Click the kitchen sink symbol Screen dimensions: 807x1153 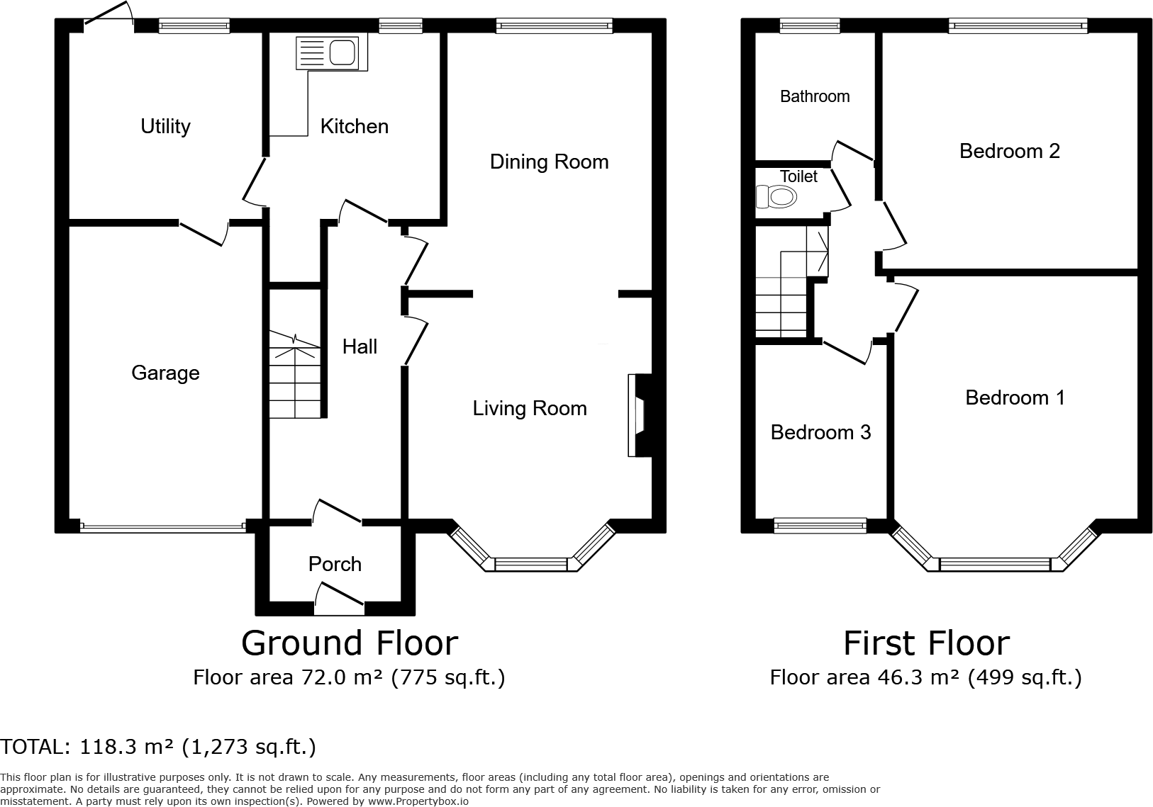331,52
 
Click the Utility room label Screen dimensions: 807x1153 165,126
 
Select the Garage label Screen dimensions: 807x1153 165,373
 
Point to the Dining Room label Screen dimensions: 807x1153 549,162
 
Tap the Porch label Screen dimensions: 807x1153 335,564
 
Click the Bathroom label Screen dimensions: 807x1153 814,96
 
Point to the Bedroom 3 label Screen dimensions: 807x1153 820,432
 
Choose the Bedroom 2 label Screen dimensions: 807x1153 1009,151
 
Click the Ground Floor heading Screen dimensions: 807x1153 350,643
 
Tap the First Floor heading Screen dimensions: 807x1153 926,643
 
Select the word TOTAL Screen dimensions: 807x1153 34,747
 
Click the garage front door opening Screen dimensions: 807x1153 163,526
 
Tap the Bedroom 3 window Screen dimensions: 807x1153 820,526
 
